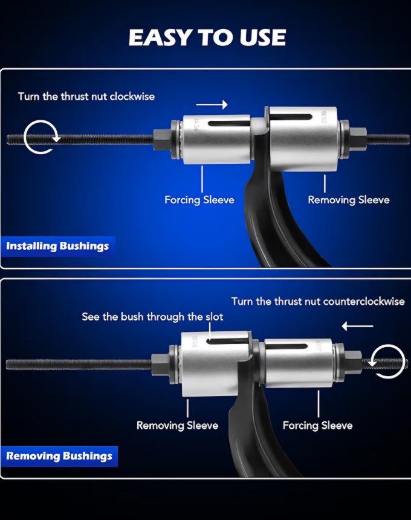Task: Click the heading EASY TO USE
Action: tap(207, 37)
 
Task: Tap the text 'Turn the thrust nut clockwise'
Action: tap(86, 97)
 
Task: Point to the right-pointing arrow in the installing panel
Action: tap(212, 105)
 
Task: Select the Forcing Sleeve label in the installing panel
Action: tap(199, 200)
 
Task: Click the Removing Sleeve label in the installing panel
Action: tap(349, 200)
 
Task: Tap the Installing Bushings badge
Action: tap(57, 246)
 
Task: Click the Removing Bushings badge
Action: tap(59, 456)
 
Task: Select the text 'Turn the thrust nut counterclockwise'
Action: tap(318, 302)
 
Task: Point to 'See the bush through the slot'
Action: tap(152, 317)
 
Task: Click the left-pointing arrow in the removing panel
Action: tap(357, 326)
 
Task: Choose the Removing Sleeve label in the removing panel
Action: tap(177, 426)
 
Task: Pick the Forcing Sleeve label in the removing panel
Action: tap(317, 426)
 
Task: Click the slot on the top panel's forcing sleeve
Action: tap(229, 124)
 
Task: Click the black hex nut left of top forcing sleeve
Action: tap(163, 140)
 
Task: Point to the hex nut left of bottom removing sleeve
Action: tap(161, 363)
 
